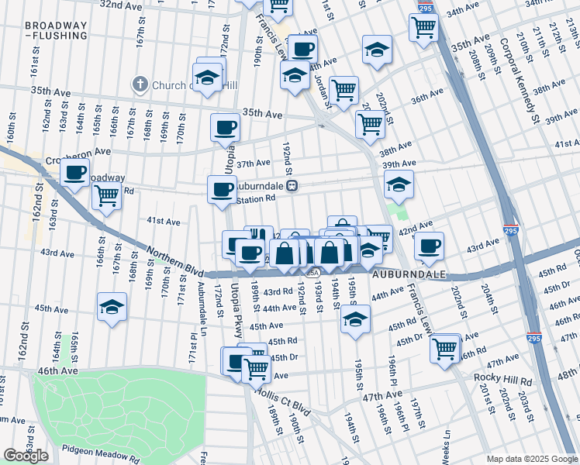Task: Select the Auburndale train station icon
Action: coord(292,186)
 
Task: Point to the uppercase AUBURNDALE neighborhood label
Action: coord(409,275)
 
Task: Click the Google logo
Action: coord(26,456)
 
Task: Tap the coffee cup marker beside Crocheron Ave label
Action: coord(75,173)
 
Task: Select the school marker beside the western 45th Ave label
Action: coord(112,307)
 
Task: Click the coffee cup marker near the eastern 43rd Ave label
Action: coord(429,246)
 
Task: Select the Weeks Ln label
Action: coord(447,447)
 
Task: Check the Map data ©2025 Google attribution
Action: coord(532,459)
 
